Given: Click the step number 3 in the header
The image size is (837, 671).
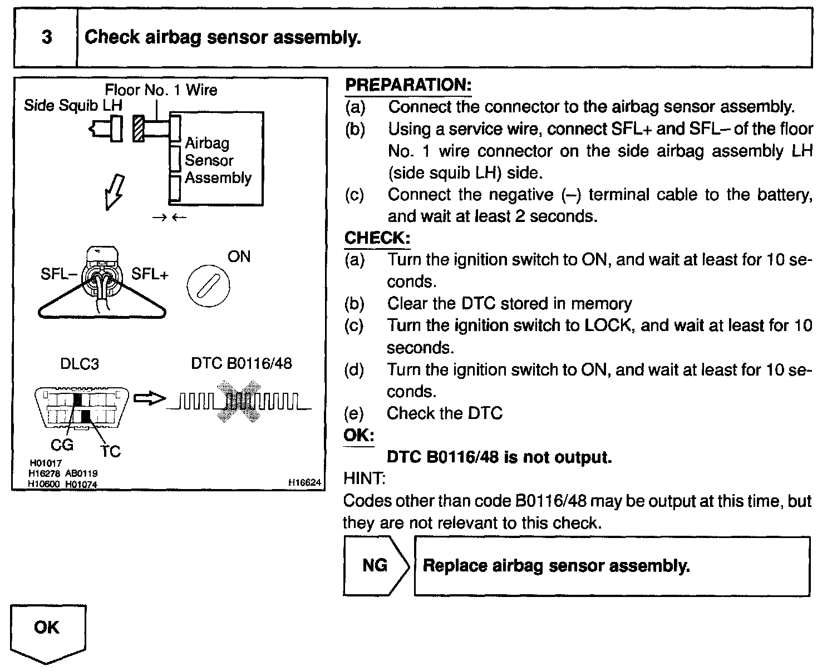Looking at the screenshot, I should [x=47, y=37].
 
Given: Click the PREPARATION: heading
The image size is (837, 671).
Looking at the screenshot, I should [x=408, y=85].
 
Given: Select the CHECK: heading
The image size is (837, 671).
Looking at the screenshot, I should [x=377, y=238].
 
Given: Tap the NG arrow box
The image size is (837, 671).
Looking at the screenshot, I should [x=376, y=566].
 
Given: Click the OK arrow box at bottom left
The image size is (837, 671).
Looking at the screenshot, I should [x=48, y=631].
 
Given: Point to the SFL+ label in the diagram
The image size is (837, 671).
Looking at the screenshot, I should [x=150, y=274].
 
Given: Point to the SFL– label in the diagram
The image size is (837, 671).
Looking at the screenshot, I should [x=58, y=274].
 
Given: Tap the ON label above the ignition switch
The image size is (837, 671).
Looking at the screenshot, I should [x=239, y=256].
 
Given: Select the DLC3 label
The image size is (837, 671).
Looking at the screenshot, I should [x=80, y=364].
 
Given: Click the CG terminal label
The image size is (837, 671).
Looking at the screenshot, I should [x=62, y=445].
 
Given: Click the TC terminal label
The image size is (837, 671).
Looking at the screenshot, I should [x=110, y=451].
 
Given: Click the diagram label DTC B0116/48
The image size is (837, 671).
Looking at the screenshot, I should [x=241, y=363].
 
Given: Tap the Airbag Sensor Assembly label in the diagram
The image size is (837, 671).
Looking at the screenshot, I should [x=218, y=160].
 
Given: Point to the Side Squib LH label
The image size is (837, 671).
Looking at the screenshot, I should [x=73, y=105].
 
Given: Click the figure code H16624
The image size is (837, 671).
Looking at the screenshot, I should [x=304, y=483].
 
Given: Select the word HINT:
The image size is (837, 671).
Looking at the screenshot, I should [x=365, y=478].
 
